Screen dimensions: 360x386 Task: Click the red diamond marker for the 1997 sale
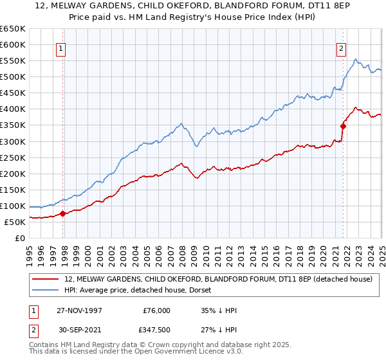point(63,213)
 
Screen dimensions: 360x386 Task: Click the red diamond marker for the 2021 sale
point(343,126)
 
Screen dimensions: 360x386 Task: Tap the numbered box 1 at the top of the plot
point(60,48)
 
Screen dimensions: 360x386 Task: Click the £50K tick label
point(15,222)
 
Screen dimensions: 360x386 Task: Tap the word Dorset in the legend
point(191,290)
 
